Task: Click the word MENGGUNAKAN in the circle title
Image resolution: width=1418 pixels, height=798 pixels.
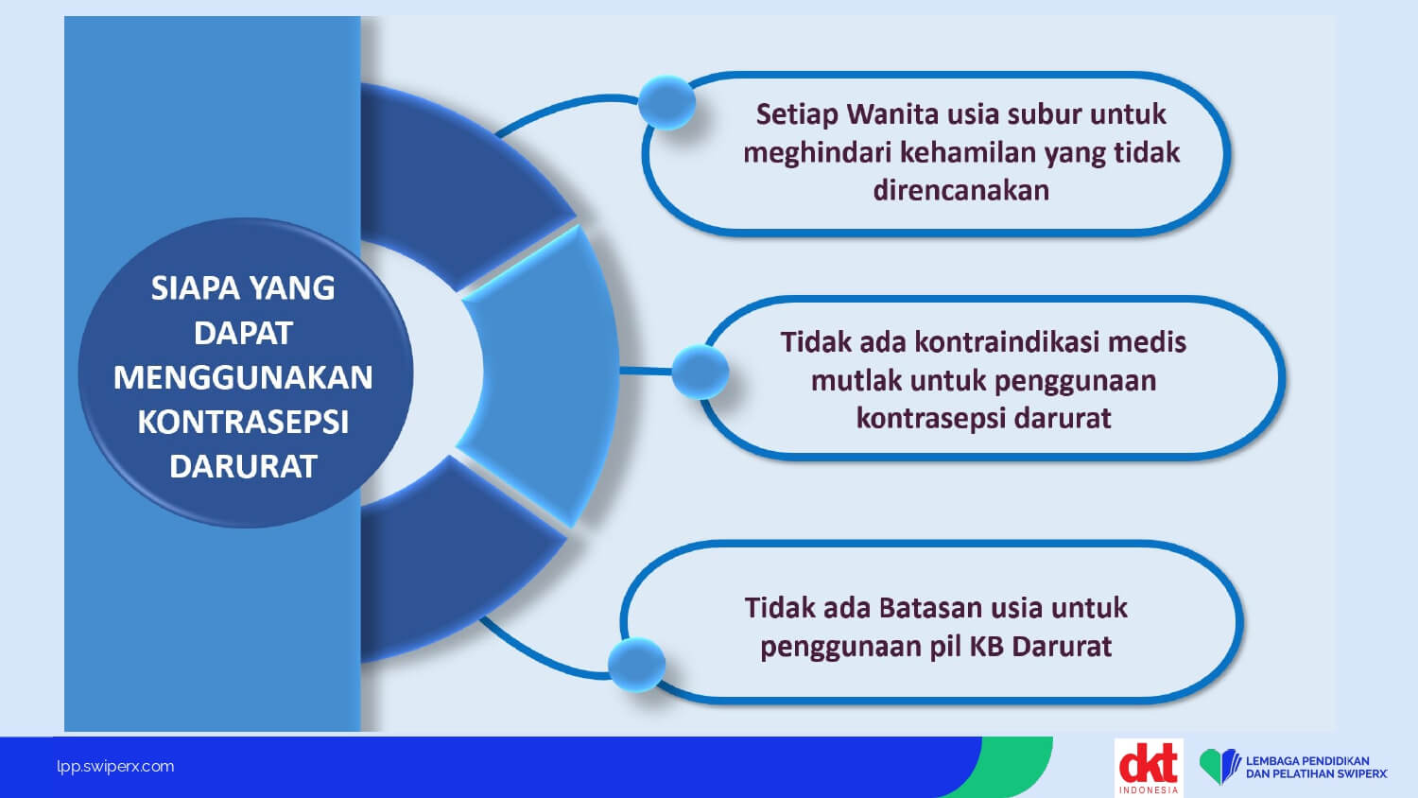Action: (243, 377)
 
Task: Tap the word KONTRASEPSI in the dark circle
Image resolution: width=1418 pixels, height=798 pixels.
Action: (243, 422)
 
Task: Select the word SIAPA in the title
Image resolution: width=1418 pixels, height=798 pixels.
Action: (196, 288)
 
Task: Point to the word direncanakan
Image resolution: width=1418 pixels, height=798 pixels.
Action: (961, 190)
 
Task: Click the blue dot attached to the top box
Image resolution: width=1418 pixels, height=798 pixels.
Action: (666, 103)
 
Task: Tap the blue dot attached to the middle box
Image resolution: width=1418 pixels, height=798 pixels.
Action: (700, 372)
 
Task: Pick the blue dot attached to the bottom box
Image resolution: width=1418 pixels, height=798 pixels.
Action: (637, 665)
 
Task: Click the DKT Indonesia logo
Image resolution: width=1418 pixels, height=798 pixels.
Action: (1149, 768)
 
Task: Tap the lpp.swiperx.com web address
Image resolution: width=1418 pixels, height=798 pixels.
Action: (115, 767)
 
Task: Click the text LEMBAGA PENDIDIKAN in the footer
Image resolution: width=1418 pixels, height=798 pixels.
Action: (1307, 760)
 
